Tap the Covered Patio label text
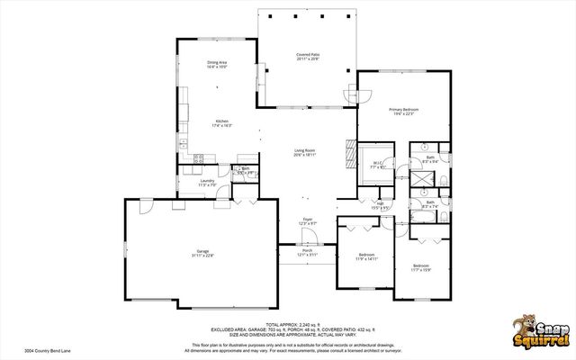tap(308, 57)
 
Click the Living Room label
tap(305, 152)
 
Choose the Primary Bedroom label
tap(404, 111)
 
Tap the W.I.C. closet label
tap(377, 165)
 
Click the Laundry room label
tap(208, 183)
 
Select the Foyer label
tap(307, 221)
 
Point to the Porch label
tap(308, 253)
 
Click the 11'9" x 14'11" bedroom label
tap(364, 256)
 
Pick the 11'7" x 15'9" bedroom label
tap(421, 267)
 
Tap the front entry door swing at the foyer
tap(309, 237)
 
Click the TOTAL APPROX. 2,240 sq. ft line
tap(287, 326)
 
